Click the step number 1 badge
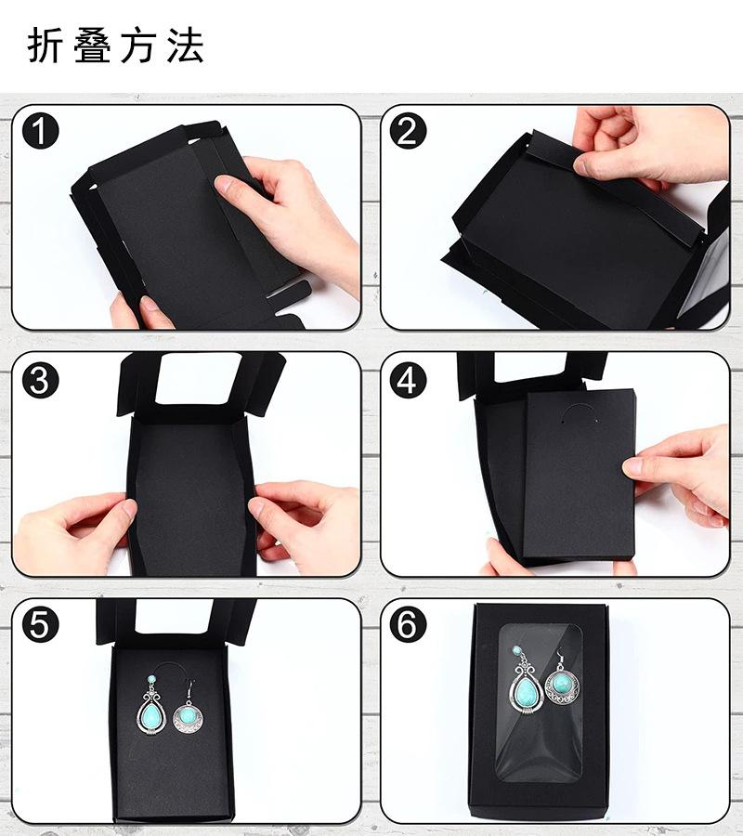coord(41,131)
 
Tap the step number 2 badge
coord(408,131)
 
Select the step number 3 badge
coord(41,380)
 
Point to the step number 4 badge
coord(408,380)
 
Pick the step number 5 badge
coord(41,624)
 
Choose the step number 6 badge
coord(408,624)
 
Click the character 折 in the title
coord(43,46)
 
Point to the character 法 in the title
coord(185,46)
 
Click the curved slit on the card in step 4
coord(579,410)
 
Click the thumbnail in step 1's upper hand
coord(224,185)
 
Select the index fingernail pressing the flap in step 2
coord(581,164)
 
